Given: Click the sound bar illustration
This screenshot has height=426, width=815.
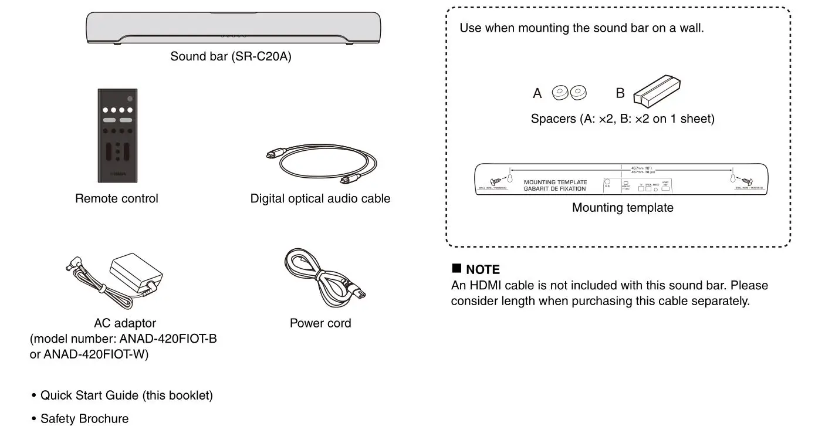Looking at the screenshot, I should pyautogui.click(x=234, y=28).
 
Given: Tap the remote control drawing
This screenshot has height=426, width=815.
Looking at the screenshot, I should pyautogui.click(x=117, y=136).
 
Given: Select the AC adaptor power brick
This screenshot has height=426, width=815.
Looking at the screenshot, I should pyautogui.click(x=136, y=273).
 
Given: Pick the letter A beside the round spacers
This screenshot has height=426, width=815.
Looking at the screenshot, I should pyautogui.click(x=537, y=93).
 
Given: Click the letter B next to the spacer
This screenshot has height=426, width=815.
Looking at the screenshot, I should pyautogui.click(x=620, y=93).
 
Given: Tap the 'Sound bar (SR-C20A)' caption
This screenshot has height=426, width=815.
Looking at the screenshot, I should pyautogui.click(x=231, y=57).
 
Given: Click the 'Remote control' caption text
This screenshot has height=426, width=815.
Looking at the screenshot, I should pyautogui.click(x=116, y=199).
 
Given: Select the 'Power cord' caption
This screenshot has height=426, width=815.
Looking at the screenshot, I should pyautogui.click(x=320, y=323).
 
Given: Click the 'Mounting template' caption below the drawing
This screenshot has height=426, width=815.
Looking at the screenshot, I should pyautogui.click(x=623, y=208).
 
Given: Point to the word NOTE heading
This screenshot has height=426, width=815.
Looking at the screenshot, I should pyautogui.click(x=482, y=270).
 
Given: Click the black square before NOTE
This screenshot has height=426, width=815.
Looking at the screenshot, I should pyautogui.click(x=456, y=269).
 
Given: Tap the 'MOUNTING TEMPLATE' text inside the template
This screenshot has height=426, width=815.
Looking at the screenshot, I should pyautogui.click(x=554, y=182).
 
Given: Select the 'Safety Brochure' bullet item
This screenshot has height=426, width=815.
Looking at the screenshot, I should pyautogui.click(x=84, y=418).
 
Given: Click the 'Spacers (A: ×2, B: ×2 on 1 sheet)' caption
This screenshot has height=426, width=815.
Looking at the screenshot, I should pyautogui.click(x=623, y=119).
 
